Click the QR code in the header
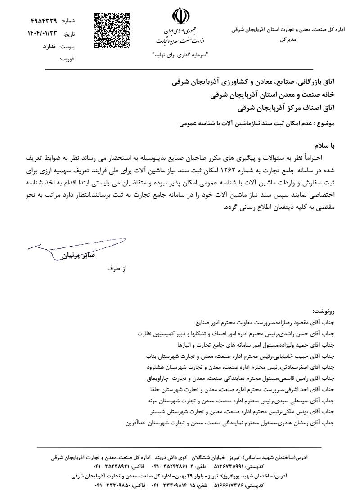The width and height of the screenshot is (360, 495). [x=112, y=30]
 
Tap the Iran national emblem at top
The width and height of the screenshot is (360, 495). [x=179, y=18]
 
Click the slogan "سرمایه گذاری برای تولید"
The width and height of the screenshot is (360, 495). [x=179, y=54]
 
